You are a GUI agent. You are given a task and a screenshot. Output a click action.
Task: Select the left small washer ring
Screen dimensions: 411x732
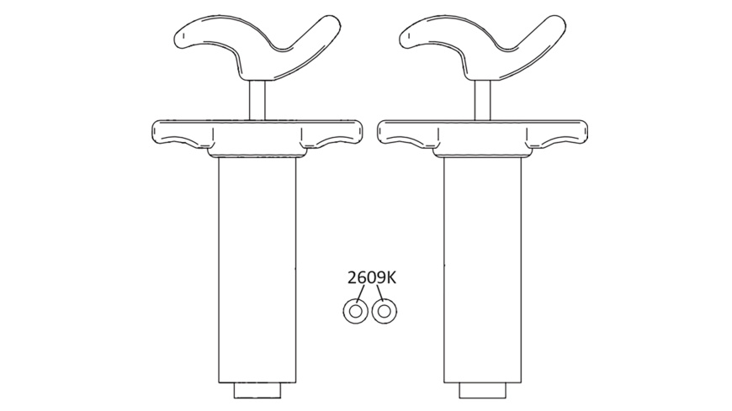pyautogui.click(x=354, y=311)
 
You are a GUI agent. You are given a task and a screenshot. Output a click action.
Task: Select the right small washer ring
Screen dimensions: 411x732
pyautogui.click(x=385, y=311)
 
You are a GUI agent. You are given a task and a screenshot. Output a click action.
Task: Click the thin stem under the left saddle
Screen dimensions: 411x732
pyautogui.click(x=257, y=99)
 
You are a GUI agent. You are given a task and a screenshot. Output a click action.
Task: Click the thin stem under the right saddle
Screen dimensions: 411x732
pyautogui.click(x=483, y=99)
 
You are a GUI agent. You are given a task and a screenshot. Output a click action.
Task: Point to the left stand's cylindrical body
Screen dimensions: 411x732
pyautogui.click(x=257, y=269)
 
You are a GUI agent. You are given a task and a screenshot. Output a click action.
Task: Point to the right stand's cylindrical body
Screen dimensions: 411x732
pyautogui.click(x=482, y=269)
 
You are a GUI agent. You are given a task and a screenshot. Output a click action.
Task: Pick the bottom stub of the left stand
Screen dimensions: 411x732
pyautogui.click(x=257, y=391)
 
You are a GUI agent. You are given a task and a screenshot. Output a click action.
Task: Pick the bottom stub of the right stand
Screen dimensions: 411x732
pyautogui.click(x=482, y=391)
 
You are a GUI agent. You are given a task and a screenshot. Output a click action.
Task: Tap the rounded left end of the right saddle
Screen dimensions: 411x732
pyautogui.click(x=406, y=35)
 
